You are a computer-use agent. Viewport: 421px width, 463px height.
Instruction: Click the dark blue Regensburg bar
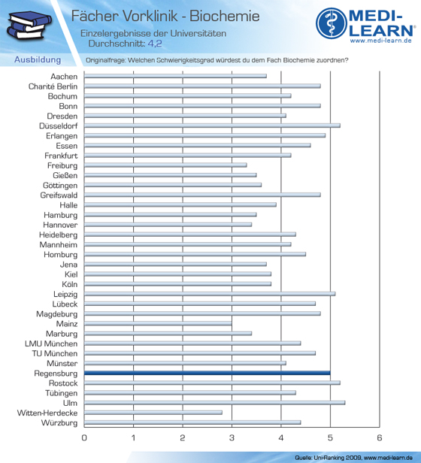pos(207,373)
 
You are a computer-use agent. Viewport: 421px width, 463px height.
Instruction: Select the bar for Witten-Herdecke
pos(153,413)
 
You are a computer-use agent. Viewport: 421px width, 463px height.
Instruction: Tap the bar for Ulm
pos(214,403)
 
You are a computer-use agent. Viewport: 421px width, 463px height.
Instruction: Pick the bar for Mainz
pos(158,324)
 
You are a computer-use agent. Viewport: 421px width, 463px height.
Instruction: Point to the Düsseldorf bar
pos(212,126)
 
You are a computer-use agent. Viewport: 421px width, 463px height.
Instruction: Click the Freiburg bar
pos(165,165)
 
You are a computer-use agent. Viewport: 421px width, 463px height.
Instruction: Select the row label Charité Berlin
pos(53,86)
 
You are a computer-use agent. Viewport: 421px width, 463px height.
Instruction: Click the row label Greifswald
pos(59,195)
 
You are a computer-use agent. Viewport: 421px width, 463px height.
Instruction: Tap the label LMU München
pos(51,343)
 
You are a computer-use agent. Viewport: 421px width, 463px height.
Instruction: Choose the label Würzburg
pos(59,423)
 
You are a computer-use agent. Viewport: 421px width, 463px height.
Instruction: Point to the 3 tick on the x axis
pos(232,437)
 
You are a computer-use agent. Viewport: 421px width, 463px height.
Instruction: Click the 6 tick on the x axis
pos(380,437)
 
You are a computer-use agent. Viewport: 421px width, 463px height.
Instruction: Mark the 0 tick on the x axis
pos(84,437)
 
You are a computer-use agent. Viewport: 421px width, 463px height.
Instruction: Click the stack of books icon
pos(29,26)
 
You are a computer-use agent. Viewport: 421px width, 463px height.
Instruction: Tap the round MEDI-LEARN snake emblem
pos(332,23)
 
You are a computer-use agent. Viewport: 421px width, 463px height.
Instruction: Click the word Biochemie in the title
pos(225,16)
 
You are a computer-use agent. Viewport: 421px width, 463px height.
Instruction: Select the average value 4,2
pos(155,44)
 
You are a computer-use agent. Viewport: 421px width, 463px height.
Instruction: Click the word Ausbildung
pos(38,59)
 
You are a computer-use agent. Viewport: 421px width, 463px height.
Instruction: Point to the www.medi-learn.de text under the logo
pos(381,41)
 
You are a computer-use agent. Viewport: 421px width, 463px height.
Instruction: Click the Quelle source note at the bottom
pos(353,458)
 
